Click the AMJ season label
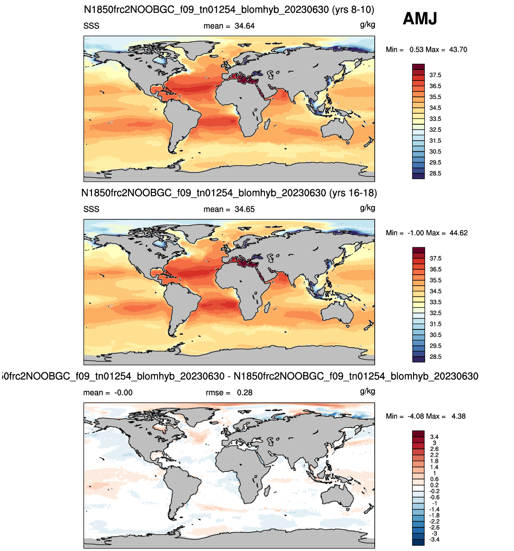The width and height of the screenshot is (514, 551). tap(420, 19)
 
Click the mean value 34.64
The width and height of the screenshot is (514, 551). tap(244, 26)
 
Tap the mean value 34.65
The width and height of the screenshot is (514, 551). tap(244, 209)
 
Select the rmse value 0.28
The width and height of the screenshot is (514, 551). tap(245, 393)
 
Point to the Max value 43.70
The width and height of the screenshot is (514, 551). tap(458, 50)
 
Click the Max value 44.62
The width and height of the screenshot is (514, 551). tap(459, 233)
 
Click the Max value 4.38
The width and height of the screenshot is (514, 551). tap(459, 416)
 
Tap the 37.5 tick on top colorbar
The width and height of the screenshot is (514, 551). tap(435, 75)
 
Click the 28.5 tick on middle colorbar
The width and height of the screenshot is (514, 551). tap(435, 357)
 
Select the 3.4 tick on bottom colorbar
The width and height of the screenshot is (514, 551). tap(434, 437)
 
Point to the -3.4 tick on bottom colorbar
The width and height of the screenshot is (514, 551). tap(434, 540)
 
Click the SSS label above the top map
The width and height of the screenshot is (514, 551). tap(91, 26)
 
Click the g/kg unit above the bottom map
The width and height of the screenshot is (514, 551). tap(368, 391)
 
